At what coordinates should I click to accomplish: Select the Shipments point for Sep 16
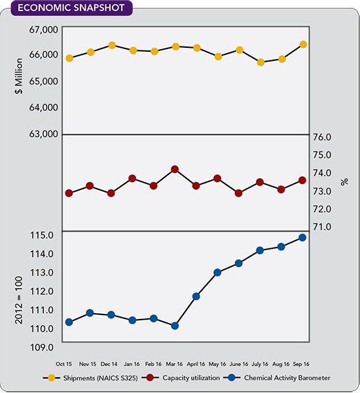click(x=304, y=45)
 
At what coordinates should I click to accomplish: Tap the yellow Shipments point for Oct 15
click(x=69, y=58)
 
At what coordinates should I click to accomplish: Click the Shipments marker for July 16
click(x=261, y=62)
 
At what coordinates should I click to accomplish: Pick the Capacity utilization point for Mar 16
click(x=175, y=169)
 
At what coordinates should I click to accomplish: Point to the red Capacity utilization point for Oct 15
click(x=69, y=193)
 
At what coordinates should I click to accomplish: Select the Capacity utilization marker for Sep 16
click(x=302, y=180)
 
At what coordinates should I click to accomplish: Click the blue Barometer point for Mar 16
click(x=175, y=326)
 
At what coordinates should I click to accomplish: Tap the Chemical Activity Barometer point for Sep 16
click(x=302, y=237)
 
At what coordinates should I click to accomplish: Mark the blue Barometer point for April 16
click(x=196, y=296)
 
